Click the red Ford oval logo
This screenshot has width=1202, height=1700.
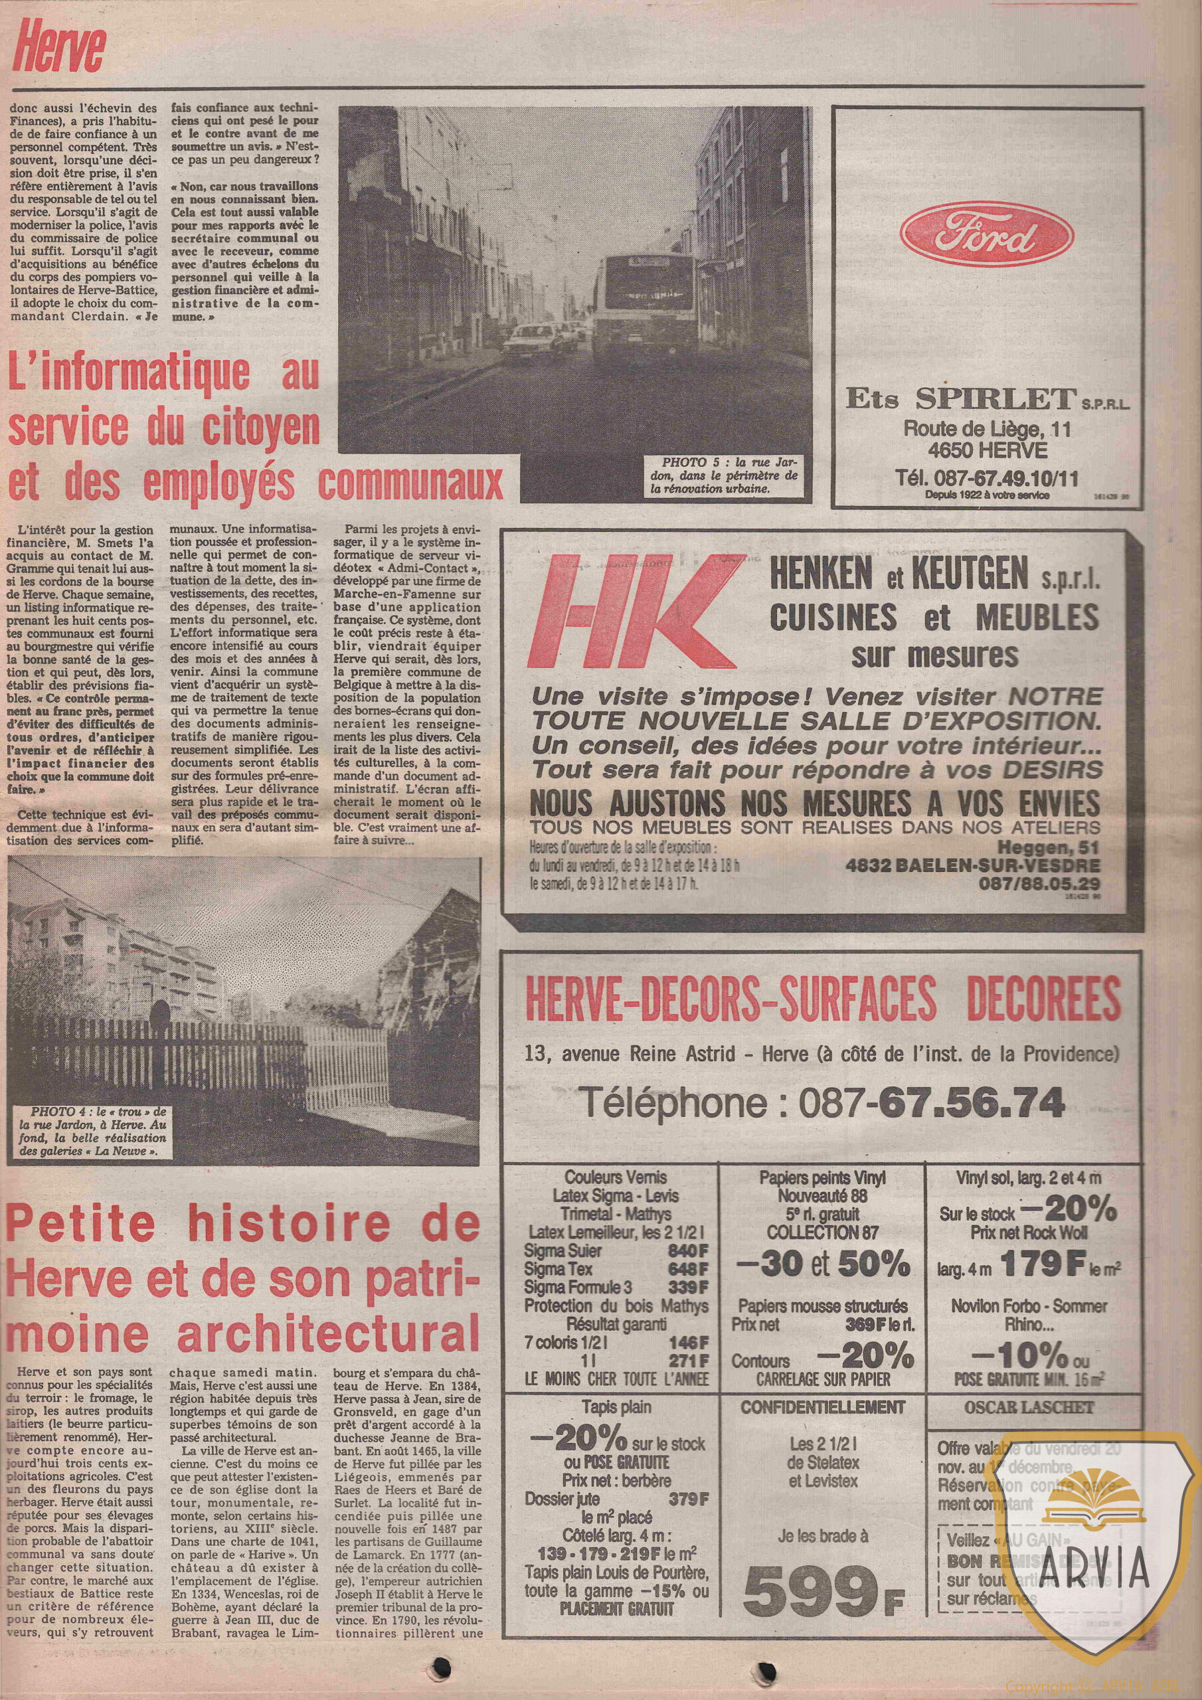coord(986,233)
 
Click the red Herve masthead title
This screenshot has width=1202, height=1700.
coord(59,46)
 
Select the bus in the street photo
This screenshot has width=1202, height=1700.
coord(644,303)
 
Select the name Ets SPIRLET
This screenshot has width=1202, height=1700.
coord(960,399)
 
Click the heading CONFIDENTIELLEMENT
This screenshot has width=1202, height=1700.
coord(823,1406)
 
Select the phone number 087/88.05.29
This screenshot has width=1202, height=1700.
coord(1039,883)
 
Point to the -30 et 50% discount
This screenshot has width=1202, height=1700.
coord(823,1263)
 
